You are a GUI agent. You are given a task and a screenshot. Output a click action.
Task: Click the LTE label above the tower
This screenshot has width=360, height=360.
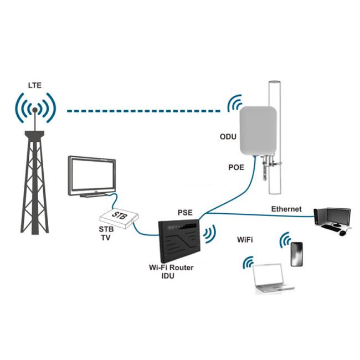tap(34, 85)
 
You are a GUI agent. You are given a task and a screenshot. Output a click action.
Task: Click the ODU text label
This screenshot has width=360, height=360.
tap(227, 135)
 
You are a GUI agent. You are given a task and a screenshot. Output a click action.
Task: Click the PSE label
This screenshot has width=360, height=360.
tap(185, 212)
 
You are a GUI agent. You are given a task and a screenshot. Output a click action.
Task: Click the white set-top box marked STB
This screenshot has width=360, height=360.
tap(117, 218)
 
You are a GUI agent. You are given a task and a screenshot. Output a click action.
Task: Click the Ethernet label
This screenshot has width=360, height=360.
tap(286, 209)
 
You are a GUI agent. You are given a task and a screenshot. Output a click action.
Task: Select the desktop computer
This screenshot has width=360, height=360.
tap(332, 220)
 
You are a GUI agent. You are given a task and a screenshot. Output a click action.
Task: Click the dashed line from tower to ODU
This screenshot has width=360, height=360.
tap(144, 111)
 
